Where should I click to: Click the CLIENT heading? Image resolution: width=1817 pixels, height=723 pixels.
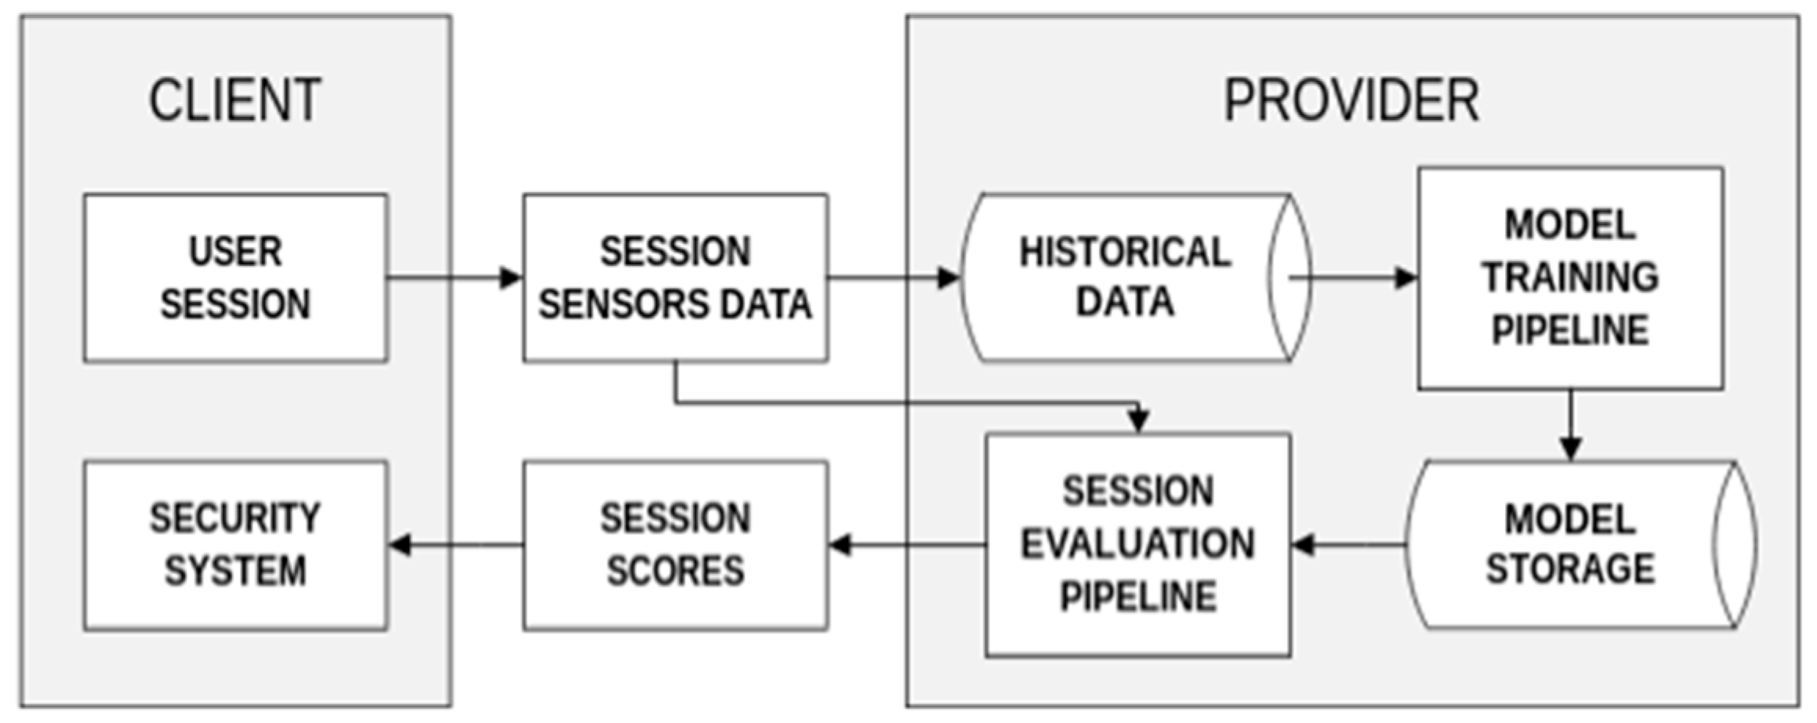click(x=235, y=100)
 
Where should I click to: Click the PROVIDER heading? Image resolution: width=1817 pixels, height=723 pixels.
click(x=1351, y=100)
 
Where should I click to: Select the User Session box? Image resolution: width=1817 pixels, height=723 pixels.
click(x=235, y=278)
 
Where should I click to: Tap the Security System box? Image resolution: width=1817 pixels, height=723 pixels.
click(x=235, y=545)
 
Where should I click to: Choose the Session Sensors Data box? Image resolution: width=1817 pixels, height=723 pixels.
click(x=675, y=278)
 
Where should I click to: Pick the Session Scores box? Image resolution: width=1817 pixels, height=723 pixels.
click(x=675, y=545)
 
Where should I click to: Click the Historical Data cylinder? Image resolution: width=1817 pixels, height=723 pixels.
click(x=1125, y=278)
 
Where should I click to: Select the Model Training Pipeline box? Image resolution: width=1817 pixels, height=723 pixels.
click(x=1570, y=278)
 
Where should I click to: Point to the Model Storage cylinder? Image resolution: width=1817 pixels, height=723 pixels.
click(x=1570, y=545)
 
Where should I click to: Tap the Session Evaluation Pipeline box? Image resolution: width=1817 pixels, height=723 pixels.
click(x=1137, y=545)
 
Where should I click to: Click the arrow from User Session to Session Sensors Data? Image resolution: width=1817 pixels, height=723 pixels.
click(x=455, y=278)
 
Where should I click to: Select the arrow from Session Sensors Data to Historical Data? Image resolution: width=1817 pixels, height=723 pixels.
click(x=894, y=278)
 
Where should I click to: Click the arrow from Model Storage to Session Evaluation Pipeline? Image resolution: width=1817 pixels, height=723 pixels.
click(x=1348, y=544)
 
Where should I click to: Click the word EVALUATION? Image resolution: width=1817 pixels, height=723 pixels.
click(x=1137, y=544)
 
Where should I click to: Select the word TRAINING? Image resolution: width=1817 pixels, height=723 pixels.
click(x=1570, y=278)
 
